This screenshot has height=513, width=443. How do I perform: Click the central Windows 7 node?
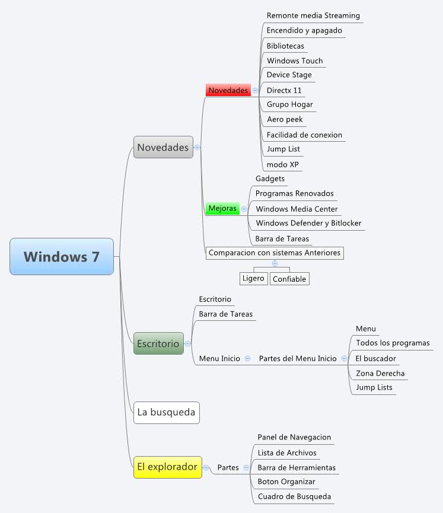coord(62,257)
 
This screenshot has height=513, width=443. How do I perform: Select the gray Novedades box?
coord(163,147)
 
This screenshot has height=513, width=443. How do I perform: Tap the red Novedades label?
coord(228,90)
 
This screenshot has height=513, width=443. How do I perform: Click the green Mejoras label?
coord(222,209)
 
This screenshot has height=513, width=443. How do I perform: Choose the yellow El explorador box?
coord(167,467)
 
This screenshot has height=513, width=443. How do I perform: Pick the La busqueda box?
coord(166,412)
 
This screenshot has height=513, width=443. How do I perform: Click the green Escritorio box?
coord(158,343)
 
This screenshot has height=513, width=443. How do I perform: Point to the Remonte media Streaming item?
coord(313,15)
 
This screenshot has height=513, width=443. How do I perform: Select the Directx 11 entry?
coord(284,90)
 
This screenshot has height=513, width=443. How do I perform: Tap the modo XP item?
coord(283,164)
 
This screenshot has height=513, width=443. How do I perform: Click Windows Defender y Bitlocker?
coord(308,223)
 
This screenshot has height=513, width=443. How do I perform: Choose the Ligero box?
coord(253,278)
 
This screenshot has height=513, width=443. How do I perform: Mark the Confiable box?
coord(289,279)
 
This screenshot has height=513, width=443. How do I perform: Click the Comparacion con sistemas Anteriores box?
coord(275,253)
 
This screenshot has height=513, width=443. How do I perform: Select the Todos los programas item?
coord(393,343)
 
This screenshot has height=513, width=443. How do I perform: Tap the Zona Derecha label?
coord(380,373)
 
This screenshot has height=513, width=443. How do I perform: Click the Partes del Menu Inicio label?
coord(298,358)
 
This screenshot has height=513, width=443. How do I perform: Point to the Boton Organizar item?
coord(286,482)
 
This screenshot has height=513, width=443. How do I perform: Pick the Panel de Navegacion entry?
coord(294,437)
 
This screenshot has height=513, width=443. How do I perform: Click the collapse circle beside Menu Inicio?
coord(247,358)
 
